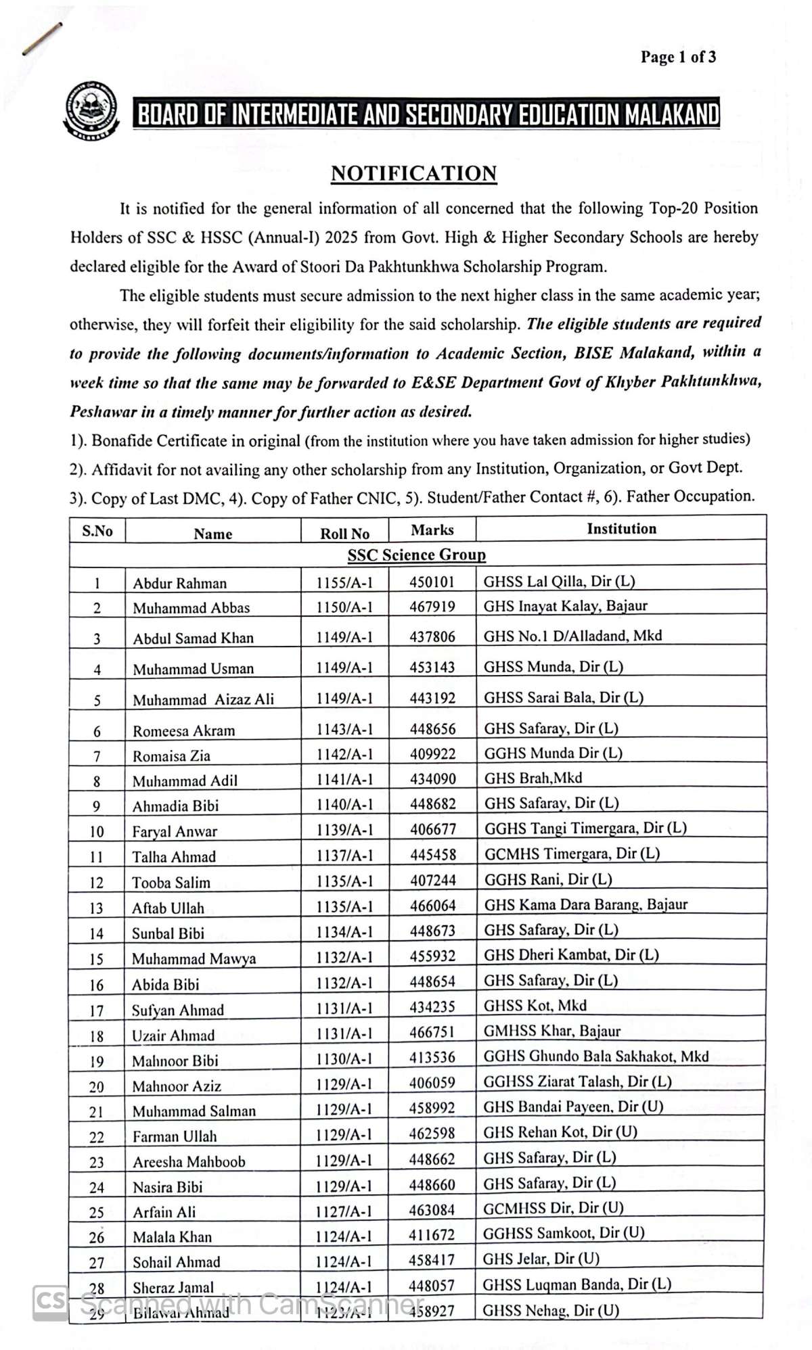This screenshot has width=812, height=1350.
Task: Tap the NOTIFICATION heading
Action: (x=413, y=173)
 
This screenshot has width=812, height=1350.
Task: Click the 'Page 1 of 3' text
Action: (x=678, y=57)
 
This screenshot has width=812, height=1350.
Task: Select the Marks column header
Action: (x=432, y=530)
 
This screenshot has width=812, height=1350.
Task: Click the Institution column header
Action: (x=621, y=528)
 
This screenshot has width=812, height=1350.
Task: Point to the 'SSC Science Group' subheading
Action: (x=417, y=555)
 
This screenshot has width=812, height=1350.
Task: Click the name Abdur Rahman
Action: (x=179, y=583)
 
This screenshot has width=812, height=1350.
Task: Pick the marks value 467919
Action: (x=432, y=607)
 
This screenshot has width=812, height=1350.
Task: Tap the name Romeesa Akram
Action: (x=183, y=730)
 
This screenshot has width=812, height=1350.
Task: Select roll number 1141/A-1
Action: (x=344, y=779)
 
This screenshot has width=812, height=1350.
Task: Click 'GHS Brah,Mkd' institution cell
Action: (x=533, y=778)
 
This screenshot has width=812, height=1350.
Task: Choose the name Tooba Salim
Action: (x=171, y=883)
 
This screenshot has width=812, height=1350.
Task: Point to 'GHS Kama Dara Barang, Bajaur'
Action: (x=585, y=904)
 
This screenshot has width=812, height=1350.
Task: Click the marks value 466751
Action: (x=432, y=1032)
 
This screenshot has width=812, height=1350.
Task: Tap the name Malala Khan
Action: (x=172, y=1237)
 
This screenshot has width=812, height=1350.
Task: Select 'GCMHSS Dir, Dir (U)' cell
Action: (x=553, y=1207)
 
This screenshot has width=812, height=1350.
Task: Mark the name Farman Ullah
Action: (x=175, y=1136)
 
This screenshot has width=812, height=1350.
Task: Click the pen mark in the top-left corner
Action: (x=42, y=38)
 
